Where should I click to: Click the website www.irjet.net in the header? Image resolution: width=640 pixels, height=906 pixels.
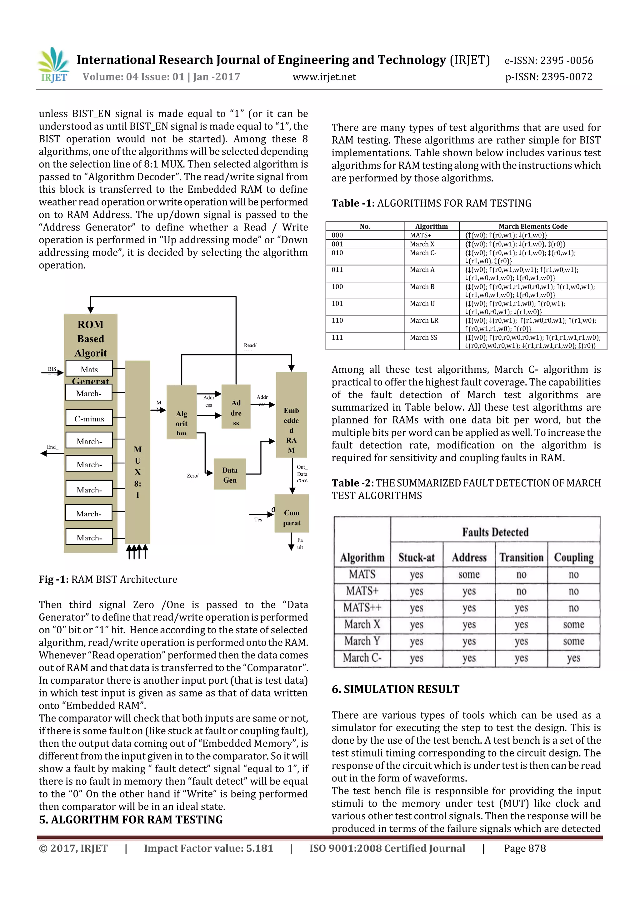pyautogui.click(x=324, y=77)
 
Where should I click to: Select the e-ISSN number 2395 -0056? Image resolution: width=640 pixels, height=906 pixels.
pyautogui.click(x=548, y=60)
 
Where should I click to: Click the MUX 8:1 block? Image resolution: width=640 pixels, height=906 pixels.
pyautogui.click(x=137, y=452)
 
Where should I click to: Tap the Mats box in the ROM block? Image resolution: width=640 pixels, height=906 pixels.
pyautogui.click(x=89, y=369)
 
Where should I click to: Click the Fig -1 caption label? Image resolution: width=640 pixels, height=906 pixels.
pyautogui.click(x=54, y=579)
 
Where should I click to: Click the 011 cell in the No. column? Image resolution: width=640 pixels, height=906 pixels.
pyautogui.click(x=337, y=270)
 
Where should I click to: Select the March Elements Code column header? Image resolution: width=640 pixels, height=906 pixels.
pyautogui.click(x=533, y=226)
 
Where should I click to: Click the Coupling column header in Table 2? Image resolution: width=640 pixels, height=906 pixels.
pyautogui.click(x=573, y=557)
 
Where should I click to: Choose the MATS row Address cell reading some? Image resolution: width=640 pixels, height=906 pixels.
pyautogui.click(x=469, y=574)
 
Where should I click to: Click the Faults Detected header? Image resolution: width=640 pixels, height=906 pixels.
pyautogui.click(x=495, y=532)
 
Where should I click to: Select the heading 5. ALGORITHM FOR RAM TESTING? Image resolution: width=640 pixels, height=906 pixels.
pyautogui.click(x=131, y=820)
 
